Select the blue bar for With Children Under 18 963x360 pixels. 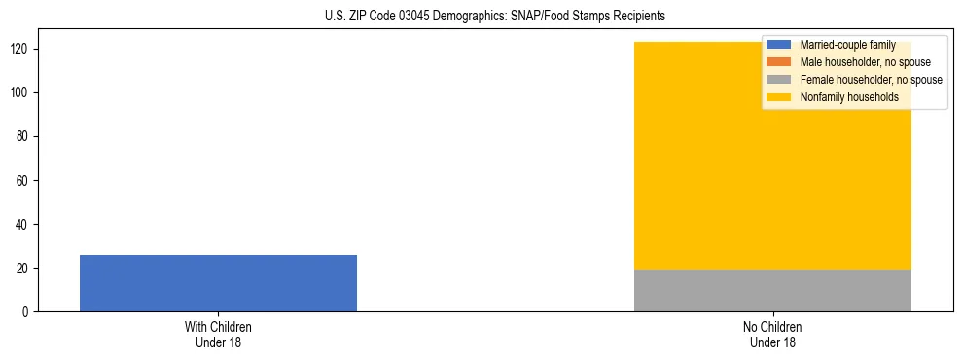click(218, 283)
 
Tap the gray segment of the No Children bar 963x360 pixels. click(772, 290)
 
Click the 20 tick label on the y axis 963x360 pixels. click(24, 269)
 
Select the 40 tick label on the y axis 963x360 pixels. click(24, 225)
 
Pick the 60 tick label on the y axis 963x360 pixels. click(24, 181)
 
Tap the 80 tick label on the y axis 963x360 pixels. click(24, 137)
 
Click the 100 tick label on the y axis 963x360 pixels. click(21, 93)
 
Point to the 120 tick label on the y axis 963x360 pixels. click(21, 50)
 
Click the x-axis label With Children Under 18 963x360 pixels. click(218, 335)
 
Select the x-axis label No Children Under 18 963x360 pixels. click(772, 335)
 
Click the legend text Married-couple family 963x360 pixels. click(847, 45)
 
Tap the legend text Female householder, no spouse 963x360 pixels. click(871, 80)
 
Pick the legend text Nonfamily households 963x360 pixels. click(849, 97)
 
